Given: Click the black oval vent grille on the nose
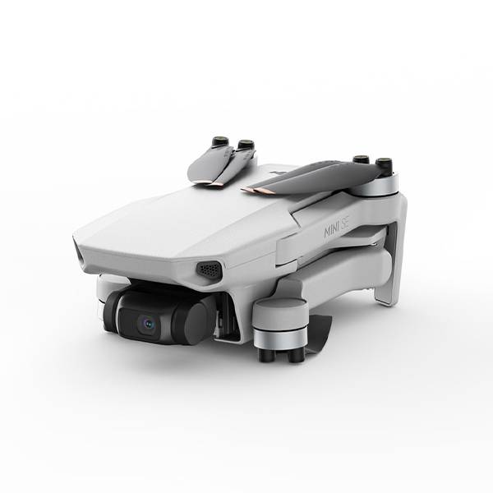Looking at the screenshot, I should pos(210,269).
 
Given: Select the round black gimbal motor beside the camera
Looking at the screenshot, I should pos(192,318).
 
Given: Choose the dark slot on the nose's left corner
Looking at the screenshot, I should pos(83,256).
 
